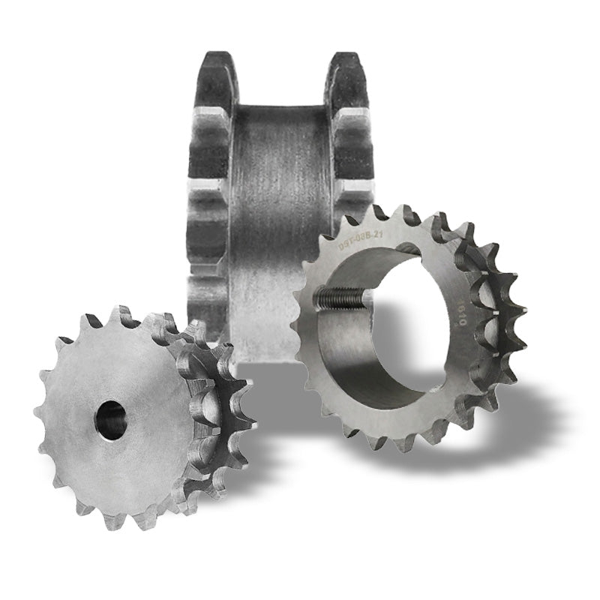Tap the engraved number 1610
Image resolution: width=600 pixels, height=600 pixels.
(459, 314)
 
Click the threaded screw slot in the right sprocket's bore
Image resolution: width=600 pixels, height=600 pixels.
(341, 299)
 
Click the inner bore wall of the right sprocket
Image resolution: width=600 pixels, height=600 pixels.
(360, 352)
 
